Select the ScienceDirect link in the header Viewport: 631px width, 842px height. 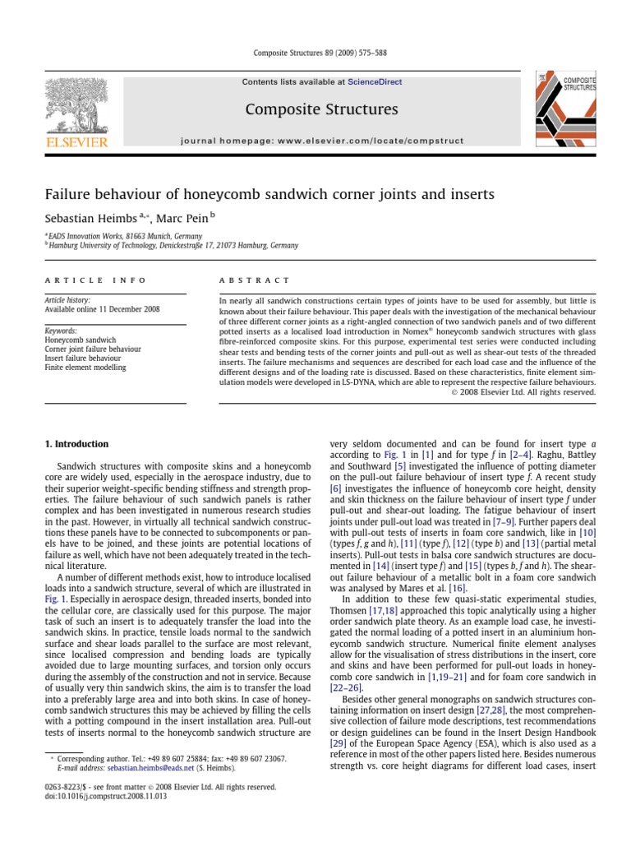(x=373, y=82)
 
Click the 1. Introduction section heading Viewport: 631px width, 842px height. (x=76, y=444)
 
